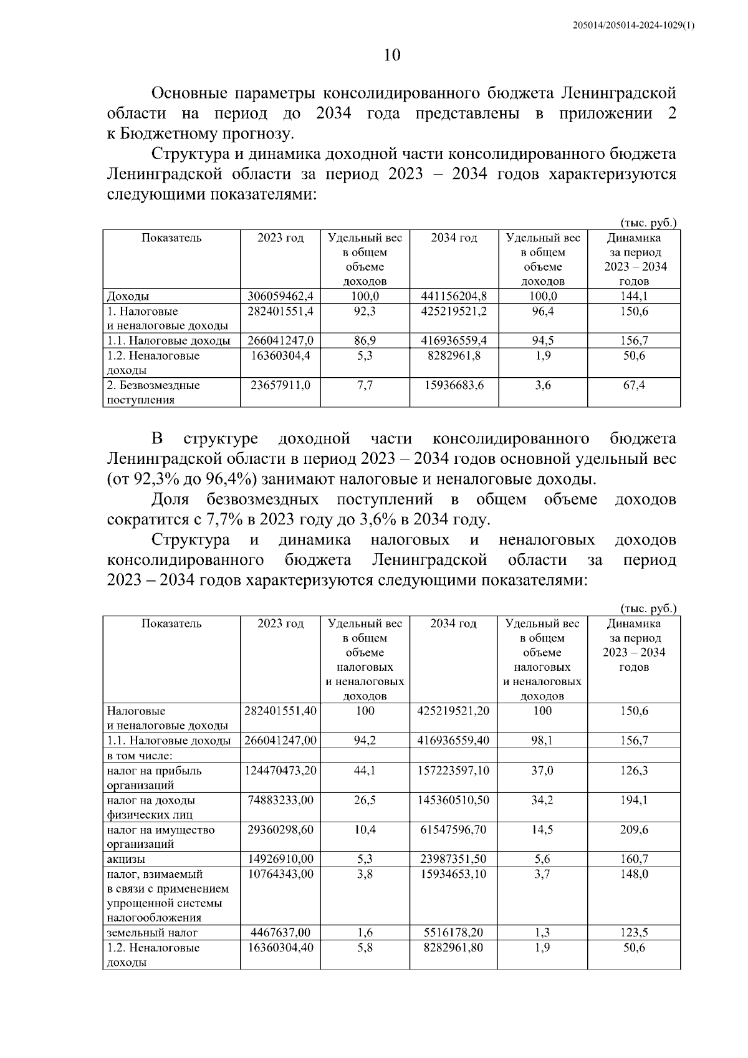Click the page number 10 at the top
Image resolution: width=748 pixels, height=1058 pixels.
391,55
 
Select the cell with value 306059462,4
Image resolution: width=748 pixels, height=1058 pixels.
280,297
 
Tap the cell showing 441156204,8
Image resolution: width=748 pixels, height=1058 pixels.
454,297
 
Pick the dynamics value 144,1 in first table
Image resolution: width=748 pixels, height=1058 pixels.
634,297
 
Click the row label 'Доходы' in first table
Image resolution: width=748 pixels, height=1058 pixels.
128,297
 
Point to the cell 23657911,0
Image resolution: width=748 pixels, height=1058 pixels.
280,385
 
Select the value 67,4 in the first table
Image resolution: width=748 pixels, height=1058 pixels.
634,385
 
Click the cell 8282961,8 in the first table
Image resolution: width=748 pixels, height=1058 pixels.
453,355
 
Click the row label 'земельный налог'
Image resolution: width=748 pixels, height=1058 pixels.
152,933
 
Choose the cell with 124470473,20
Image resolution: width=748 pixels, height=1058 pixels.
280,771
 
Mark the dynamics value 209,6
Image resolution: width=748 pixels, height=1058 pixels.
634,830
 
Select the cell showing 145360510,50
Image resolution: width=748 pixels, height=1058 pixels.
453,800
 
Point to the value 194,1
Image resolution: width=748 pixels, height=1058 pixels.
634,800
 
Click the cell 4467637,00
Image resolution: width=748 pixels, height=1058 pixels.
280,933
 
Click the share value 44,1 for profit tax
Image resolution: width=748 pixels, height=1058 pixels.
365,771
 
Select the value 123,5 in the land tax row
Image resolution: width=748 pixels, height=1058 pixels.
634,933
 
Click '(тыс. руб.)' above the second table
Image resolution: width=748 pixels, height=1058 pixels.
648,608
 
